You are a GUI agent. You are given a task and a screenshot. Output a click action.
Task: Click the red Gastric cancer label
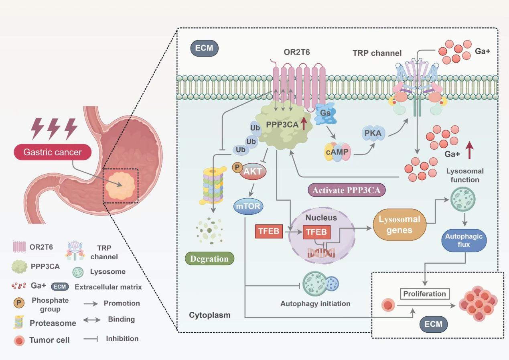click(x=53, y=152)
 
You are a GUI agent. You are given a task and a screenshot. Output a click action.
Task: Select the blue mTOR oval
click(x=247, y=207)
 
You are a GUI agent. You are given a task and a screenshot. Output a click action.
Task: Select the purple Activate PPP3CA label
click(x=346, y=189)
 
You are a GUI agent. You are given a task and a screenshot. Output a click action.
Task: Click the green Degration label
click(x=209, y=259)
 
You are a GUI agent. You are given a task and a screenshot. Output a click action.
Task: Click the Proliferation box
click(x=424, y=294)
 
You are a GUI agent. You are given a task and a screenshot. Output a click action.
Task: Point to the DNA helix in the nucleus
click(x=321, y=252)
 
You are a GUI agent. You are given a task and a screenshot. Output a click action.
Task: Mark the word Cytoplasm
click(x=210, y=315)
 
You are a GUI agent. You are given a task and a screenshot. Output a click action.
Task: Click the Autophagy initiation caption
click(x=315, y=304)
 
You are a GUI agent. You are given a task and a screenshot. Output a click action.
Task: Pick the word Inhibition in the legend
click(x=122, y=339)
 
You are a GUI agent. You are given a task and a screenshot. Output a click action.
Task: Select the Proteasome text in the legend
click(x=53, y=323)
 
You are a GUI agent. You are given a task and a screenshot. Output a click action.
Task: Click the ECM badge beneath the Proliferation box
click(x=434, y=324)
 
